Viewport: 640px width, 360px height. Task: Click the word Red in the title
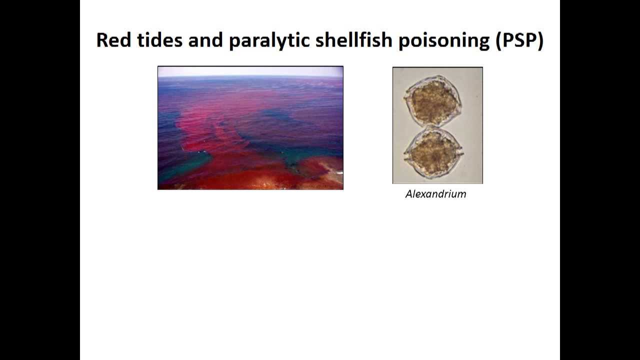point(113,40)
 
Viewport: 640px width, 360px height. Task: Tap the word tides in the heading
point(159,40)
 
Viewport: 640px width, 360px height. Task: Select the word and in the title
point(205,40)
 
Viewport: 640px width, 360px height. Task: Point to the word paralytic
point(269,41)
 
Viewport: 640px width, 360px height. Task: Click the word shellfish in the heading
point(354,40)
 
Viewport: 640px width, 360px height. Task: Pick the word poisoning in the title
point(444,41)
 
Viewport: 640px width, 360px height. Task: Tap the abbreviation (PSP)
point(519,41)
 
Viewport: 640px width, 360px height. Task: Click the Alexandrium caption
point(435,194)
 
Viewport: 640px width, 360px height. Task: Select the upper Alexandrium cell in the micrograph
point(433,100)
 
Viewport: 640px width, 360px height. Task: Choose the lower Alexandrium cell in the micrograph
point(433,153)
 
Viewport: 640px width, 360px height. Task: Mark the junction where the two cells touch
point(432,126)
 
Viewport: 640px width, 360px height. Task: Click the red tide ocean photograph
point(250,127)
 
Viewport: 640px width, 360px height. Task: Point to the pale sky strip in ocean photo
point(250,71)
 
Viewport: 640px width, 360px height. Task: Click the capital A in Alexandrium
point(409,194)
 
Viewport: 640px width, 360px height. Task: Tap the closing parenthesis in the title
point(540,41)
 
